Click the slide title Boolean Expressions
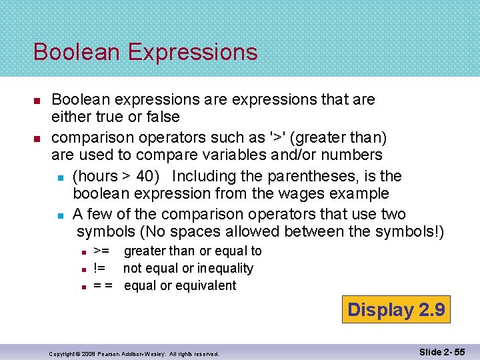click(x=145, y=51)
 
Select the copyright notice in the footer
click(x=133, y=353)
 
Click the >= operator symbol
click(x=101, y=251)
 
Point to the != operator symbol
click(x=99, y=268)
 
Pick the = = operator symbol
click(x=103, y=285)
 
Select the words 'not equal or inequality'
click(x=188, y=268)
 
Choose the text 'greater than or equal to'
click(x=193, y=251)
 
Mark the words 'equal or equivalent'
click(x=180, y=285)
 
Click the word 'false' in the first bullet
click(x=163, y=117)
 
